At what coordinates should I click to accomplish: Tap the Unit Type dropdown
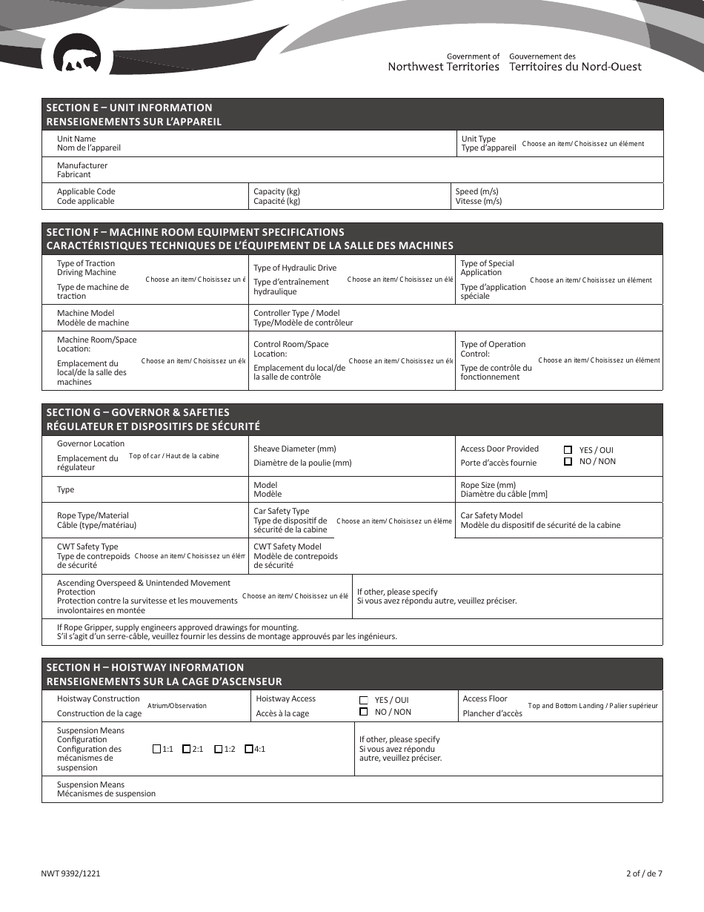coord(582,144)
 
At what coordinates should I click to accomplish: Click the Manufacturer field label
coord(82,170)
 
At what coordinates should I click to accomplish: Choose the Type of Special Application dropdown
coord(591,280)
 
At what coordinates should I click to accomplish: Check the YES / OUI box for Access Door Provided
coord(568,450)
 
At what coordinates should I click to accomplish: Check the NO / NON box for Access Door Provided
coord(568,461)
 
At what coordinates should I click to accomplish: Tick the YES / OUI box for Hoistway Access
coord(364,700)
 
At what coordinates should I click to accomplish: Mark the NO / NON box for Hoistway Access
coord(364,712)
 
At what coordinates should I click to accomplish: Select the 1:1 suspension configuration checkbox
coord(156,749)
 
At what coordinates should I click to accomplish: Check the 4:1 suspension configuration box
coord(249,749)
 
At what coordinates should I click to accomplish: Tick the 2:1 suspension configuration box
coord(187,749)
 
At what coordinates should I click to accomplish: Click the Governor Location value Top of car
coord(174,456)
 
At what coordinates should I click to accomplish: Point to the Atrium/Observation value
coord(177,706)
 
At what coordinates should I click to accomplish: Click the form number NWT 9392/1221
coord(71,873)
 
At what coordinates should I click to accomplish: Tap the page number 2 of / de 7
coord(643,873)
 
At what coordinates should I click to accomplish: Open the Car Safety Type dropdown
coord(393,521)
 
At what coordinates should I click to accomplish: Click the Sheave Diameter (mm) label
coord(295,449)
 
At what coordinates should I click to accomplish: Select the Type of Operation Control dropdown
coord(599,360)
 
